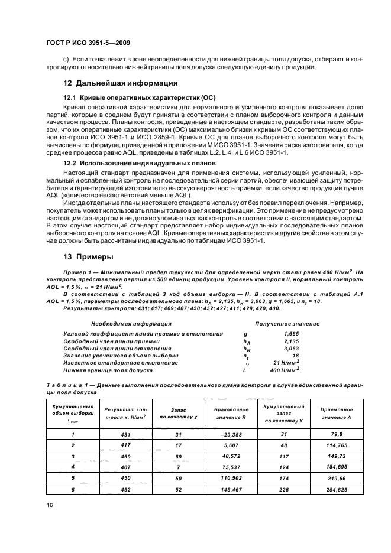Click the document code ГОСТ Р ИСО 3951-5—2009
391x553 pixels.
(87, 43)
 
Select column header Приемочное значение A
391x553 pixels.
(337, 413)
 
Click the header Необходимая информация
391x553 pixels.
(119, 324)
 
